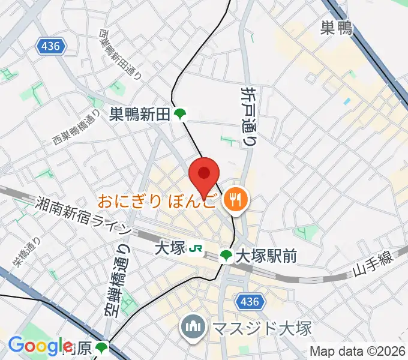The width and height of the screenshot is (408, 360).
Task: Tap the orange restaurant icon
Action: (x=233, y=200)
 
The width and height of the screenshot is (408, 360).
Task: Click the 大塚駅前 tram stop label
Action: (x=266, y=256)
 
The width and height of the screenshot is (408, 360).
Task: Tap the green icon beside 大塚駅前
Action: (x=226, y=256)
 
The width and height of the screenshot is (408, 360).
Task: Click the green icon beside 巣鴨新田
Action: (x=179, y=114)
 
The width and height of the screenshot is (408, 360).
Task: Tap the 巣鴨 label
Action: (x=336, y=27)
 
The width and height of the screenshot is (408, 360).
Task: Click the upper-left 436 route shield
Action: (x=52, y=46)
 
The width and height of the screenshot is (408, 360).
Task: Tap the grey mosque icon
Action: (x=193, y=328)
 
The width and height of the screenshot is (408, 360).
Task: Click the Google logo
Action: (x=40, y=346)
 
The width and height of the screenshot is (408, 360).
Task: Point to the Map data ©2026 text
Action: (x=358, y=351)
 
